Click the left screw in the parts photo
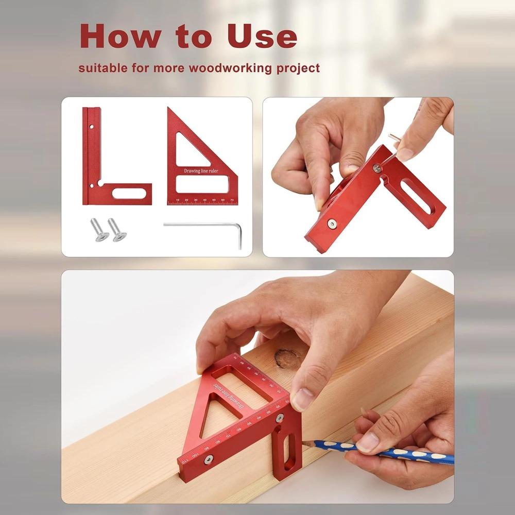[98, 228]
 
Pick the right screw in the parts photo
[116, 230]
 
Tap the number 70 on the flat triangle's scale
[232, 199]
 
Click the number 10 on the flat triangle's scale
[178, 199]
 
